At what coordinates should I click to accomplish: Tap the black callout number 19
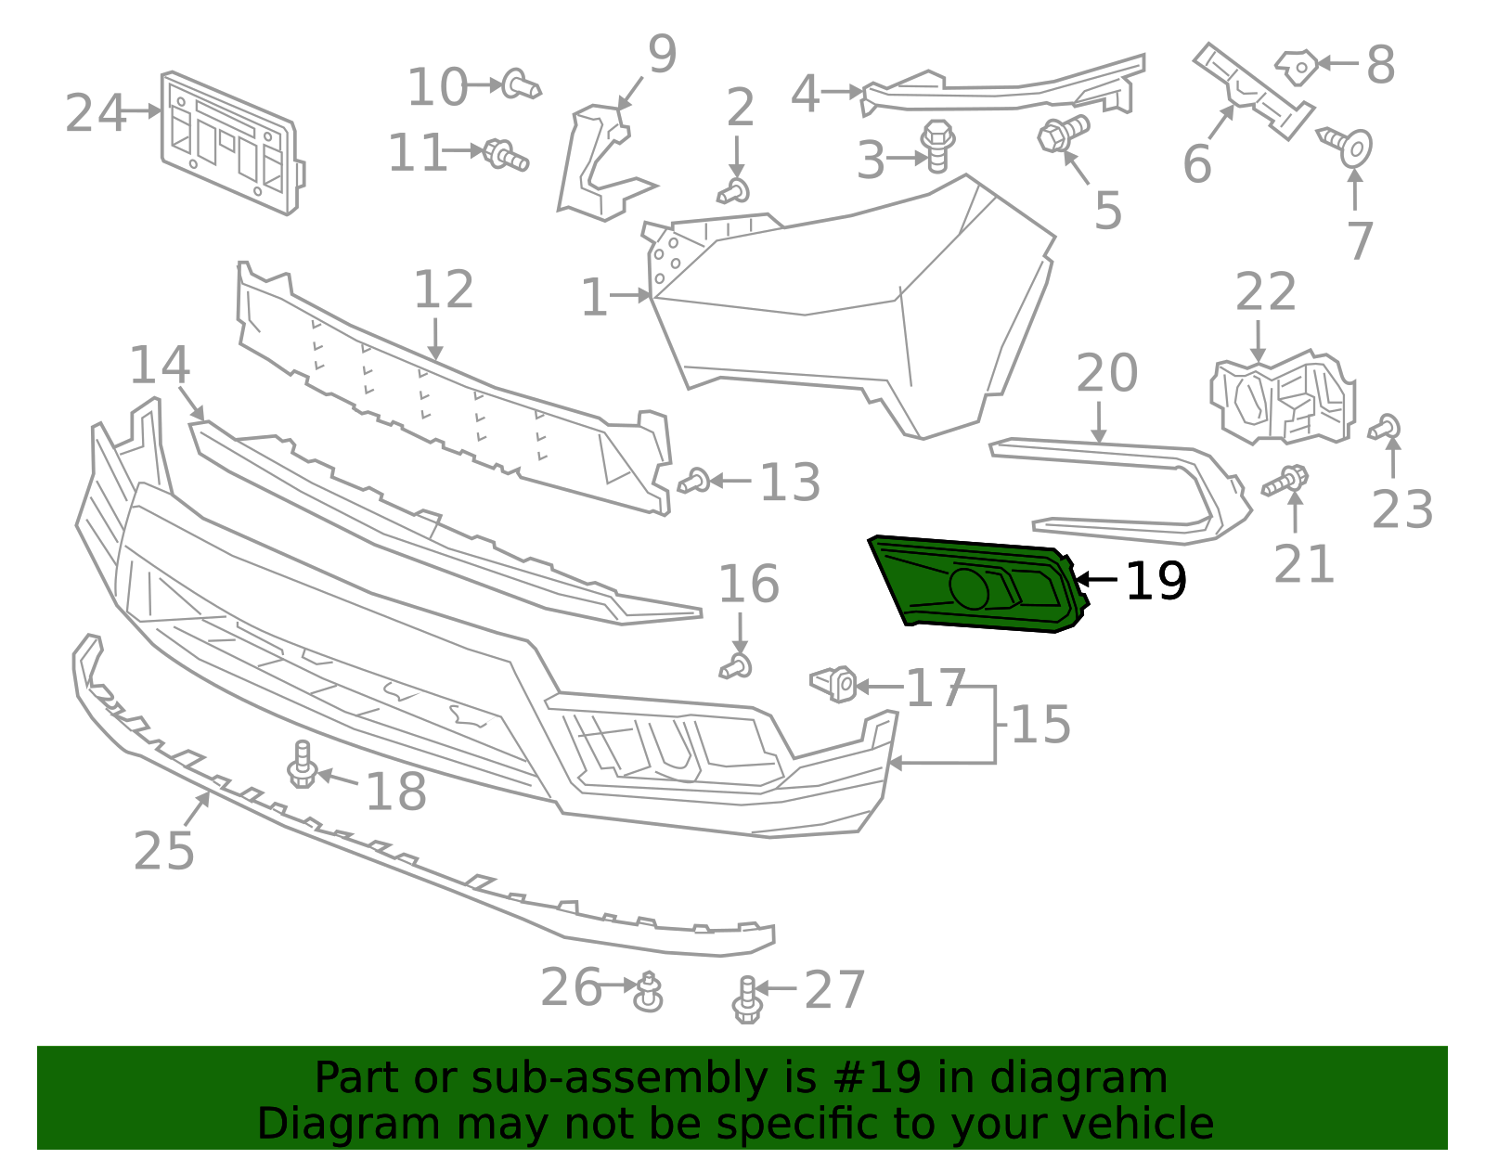pos(1156,582)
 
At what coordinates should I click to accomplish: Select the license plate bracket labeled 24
pos(232,144)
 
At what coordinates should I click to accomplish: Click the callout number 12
pos(444,290)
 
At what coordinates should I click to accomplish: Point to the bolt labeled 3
pos(938,147)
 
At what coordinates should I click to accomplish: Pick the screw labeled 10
pos(521,85)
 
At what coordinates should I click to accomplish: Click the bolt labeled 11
pos(506,154)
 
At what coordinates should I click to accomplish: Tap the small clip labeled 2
pos(735,192)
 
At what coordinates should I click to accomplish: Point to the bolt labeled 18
pos(303,765)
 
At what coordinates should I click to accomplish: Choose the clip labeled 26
pos(649,992)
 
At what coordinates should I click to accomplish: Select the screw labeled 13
pos(694,482)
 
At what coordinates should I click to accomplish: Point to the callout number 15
pos(1040,725)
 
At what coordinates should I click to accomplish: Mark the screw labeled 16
pos(737,666)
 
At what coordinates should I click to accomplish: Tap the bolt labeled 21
pos(1286,482)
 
